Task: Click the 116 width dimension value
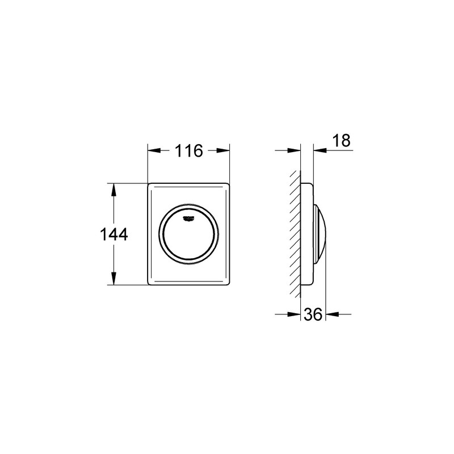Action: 189,152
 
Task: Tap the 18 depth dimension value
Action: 342,141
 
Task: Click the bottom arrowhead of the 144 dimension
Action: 114,280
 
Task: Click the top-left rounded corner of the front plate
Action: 150,186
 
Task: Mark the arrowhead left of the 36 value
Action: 295,314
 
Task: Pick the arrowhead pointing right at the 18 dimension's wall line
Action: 295,150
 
